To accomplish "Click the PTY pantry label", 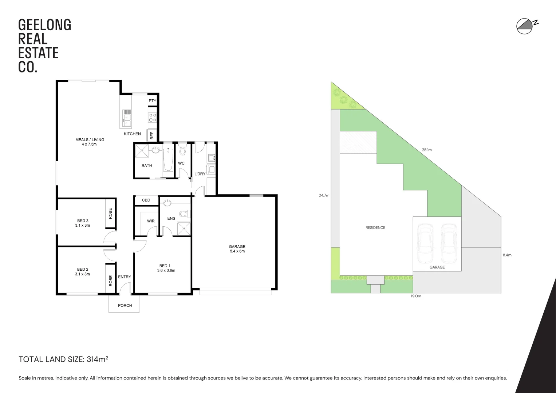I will [x=152, y=101].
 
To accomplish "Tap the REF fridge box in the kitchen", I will [x=152, y=135].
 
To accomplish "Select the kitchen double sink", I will [x=127, y=118].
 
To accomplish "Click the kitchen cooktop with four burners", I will [x=153, y=117].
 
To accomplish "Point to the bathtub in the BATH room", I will [x=168, y=160].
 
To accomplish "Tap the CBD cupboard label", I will [x=146, y=200].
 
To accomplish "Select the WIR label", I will [x=151, y=221].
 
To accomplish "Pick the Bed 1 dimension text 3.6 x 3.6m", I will [x=166, y=270].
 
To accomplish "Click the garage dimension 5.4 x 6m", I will [x=237, y=251].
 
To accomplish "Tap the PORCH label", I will [x=125, y=305].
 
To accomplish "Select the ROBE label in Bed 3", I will [x=110, y=213].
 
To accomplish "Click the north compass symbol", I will [x=525, y=26].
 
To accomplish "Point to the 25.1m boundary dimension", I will [x=427, y=150].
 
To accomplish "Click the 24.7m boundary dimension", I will [x=324, y=195].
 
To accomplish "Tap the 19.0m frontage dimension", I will [x=416, y=296].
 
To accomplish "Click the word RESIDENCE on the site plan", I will [x=375, y=228].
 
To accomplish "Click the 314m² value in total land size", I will [x=97, y=360].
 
